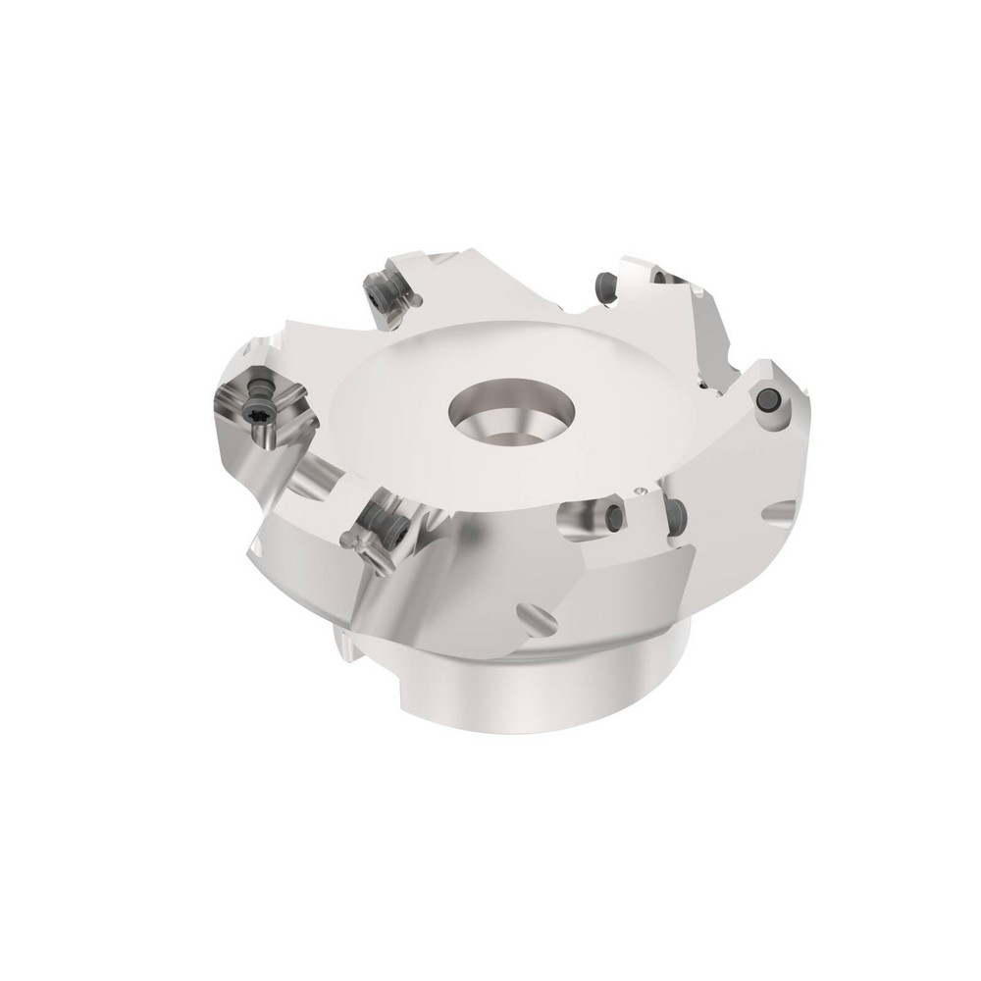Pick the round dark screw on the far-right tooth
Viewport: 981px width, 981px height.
766,400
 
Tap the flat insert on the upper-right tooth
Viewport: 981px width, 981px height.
708,334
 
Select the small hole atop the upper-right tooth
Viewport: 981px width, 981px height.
655,276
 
